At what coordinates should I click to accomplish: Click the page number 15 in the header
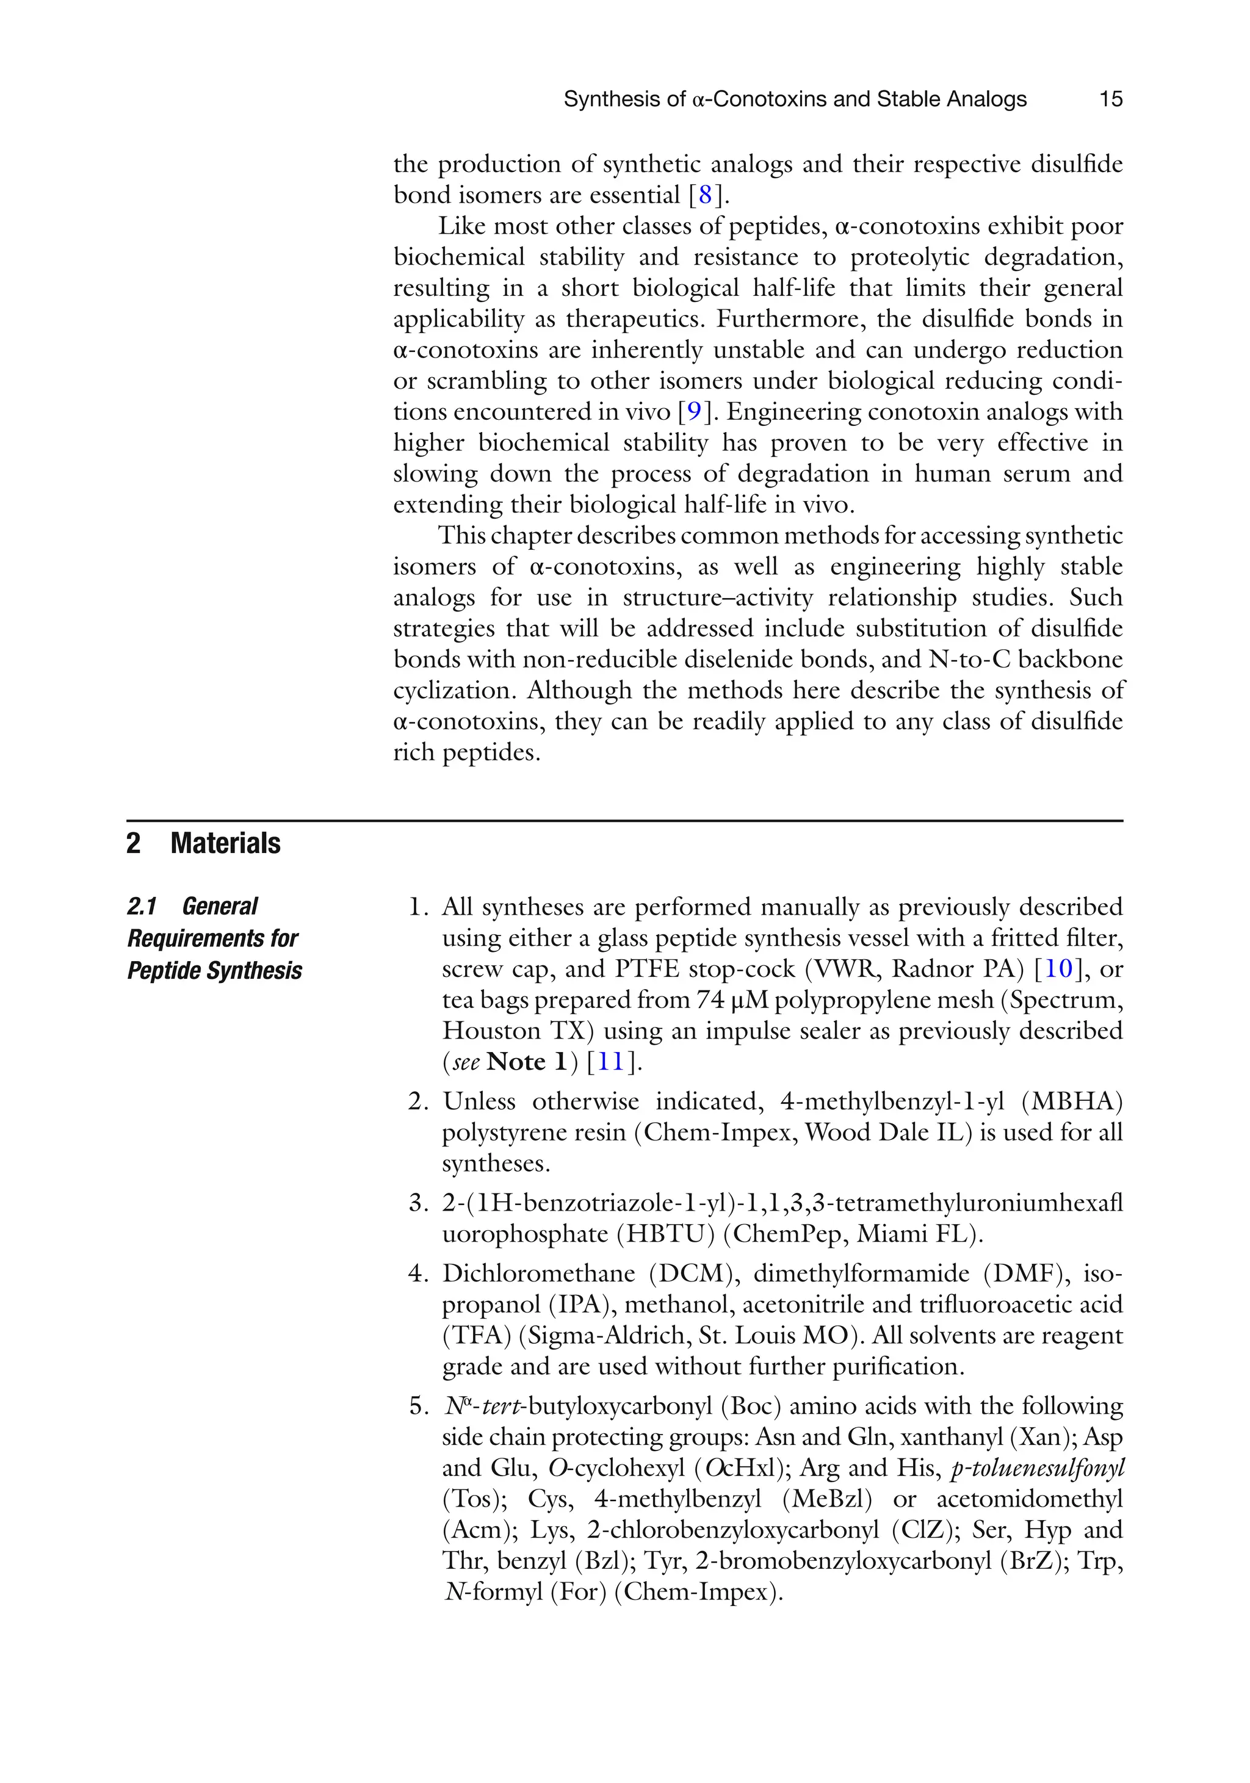pyautogui.click(x=1110, y=99)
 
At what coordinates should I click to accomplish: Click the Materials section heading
pyautogui.click(x=225, y=843)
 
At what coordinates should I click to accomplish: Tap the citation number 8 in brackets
pyautogui.click(x=704, y=195)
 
